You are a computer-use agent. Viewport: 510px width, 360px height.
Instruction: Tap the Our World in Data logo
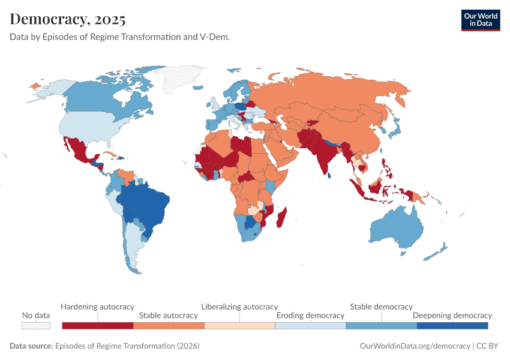[480, 20]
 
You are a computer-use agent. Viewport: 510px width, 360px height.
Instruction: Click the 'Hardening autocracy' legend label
[97, 307]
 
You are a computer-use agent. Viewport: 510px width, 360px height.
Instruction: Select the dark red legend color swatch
[97, 325]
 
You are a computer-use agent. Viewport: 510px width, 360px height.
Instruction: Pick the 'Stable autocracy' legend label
[168, 315]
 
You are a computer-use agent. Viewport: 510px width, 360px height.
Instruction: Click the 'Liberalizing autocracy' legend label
[239, 307]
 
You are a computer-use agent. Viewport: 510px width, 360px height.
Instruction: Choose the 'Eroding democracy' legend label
[310, 315]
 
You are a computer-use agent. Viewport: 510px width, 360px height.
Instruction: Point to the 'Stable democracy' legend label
[381, 307]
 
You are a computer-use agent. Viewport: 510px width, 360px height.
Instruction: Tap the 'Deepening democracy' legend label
[452, 315]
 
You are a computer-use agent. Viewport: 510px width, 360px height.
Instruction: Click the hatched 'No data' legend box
[36, 325]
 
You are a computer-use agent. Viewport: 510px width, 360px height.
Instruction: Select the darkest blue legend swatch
[452, 325]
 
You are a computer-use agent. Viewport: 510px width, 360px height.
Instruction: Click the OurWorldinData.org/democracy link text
[415, 346]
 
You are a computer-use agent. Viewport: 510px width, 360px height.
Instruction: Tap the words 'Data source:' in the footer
[31, 346]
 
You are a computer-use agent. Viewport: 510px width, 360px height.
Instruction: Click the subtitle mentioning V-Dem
[120, 37]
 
